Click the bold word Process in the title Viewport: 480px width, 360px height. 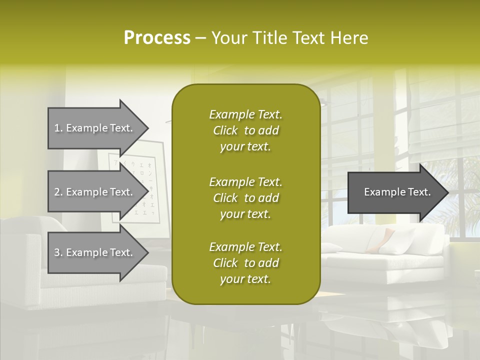(157, 38)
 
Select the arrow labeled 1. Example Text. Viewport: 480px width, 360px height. (95, 128)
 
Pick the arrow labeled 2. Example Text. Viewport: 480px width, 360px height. (95, 192)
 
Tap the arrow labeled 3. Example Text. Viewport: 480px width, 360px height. (95, 252)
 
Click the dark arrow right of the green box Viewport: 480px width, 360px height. (395, 192)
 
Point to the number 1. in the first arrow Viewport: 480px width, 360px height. (58, 128)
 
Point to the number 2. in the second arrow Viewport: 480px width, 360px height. (58, 192)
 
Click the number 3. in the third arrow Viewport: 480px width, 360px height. (58, 252)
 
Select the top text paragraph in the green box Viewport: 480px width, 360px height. (245, 130)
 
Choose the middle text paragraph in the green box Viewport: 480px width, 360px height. (245, 197)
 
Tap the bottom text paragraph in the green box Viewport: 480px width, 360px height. (245, 263)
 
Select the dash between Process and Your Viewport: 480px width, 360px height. (200, 38)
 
